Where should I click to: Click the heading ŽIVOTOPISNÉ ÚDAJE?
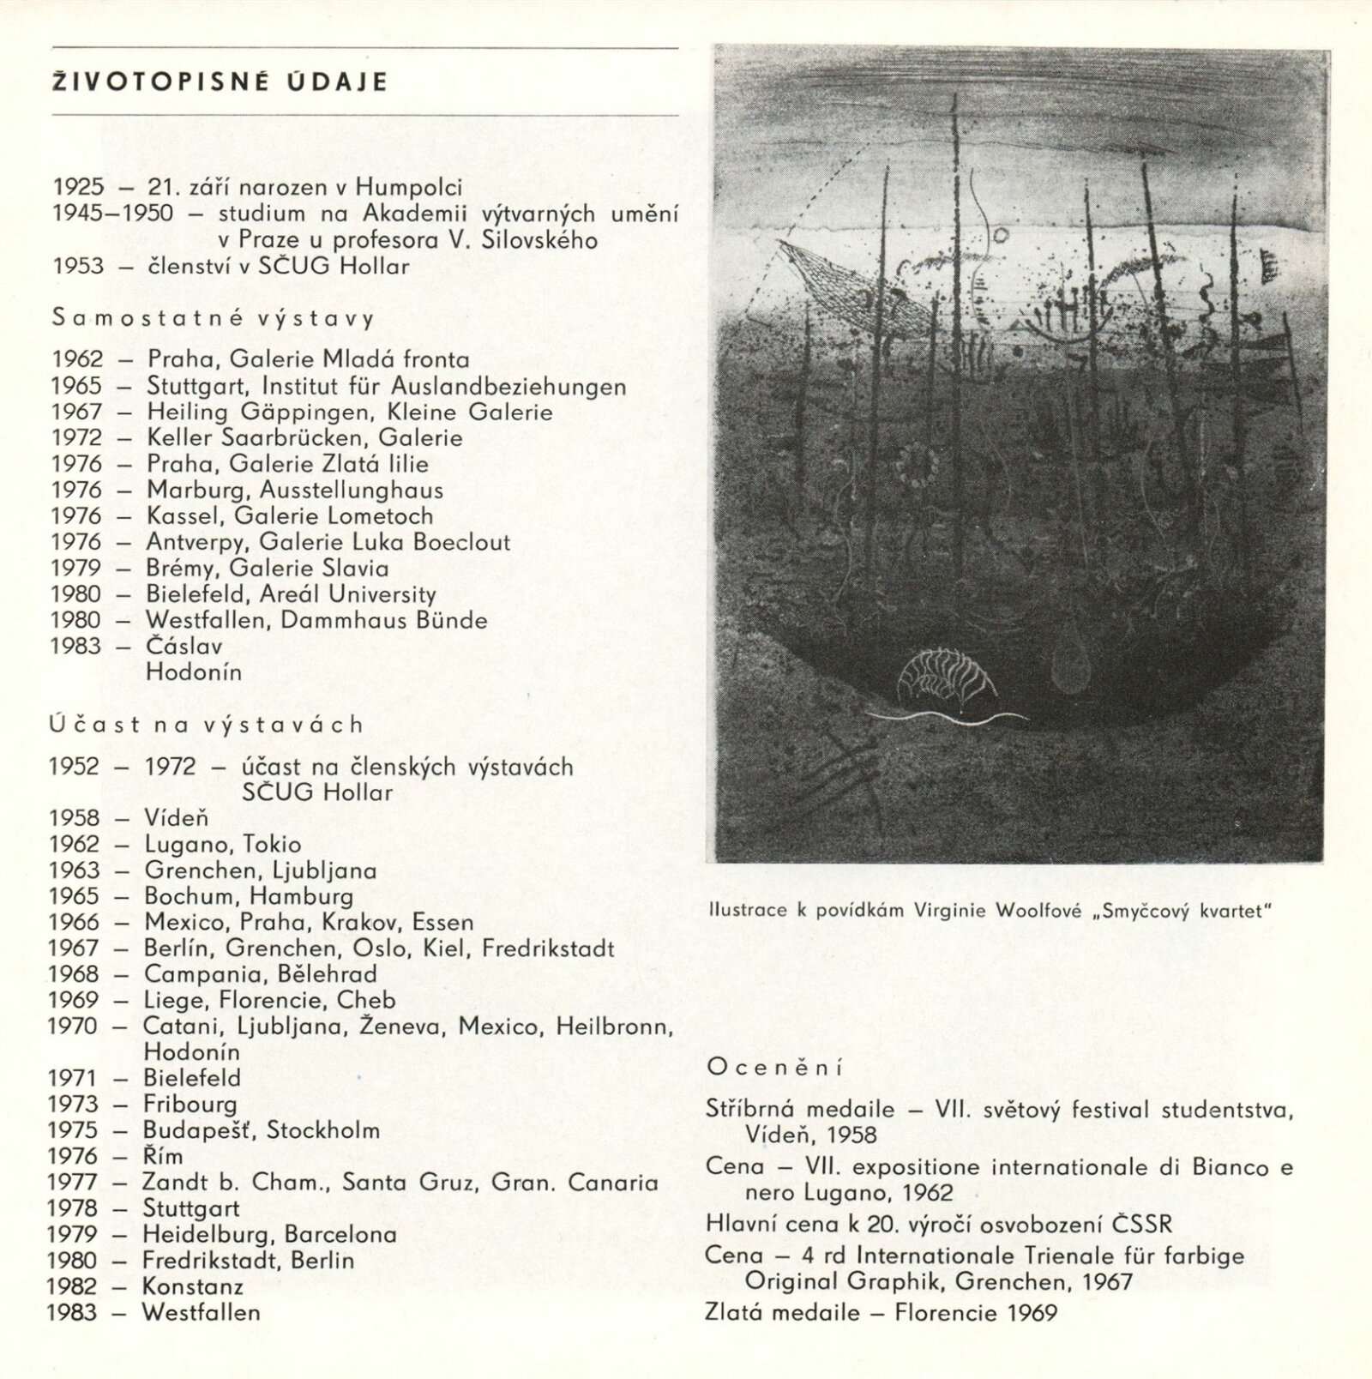click(x=220, y=82)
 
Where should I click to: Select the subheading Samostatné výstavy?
click(x=214, y=319)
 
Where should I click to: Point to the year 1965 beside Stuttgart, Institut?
click(x=76, y=387)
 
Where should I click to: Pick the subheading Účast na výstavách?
click(x=207, y=726)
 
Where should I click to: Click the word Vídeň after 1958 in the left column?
click(x=176, y=819)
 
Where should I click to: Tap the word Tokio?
click(x=271, y=845)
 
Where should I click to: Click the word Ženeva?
click(x=414, y=1027)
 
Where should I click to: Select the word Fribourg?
click(x=190, y=1105)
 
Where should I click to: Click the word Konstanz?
click(x=192, y=1287)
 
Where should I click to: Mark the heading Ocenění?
click(x=774, y=1069)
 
